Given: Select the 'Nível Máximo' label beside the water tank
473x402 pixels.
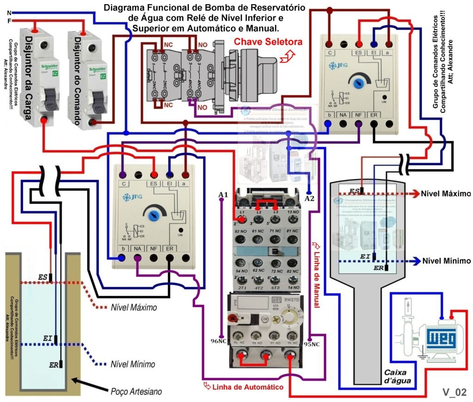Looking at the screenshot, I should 445,193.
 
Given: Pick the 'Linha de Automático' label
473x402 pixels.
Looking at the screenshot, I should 247,386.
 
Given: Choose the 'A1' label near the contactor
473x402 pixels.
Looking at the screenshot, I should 223,195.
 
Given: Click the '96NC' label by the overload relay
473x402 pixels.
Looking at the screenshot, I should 219,342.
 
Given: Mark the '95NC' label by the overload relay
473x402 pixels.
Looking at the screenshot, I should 312,344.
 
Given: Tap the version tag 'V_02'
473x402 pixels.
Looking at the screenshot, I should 455,392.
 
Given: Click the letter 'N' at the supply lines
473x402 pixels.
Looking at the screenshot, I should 9,12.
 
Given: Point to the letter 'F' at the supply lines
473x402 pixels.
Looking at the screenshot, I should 9,21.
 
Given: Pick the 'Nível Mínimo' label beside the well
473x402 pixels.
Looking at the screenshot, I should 132,364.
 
